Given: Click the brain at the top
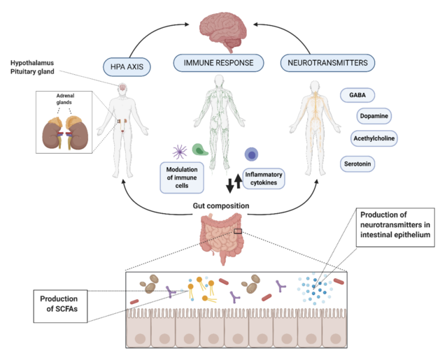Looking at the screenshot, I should pos(222,30).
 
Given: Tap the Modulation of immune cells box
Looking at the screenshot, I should pos(185,175).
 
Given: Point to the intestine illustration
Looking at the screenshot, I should pos(222,238).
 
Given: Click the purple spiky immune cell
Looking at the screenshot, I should pos(179,150).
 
